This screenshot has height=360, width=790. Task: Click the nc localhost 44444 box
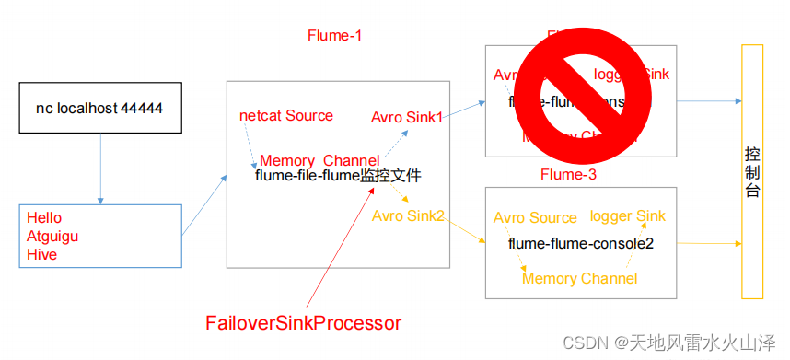click(x=99, y=109)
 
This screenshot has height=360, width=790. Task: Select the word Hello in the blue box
click(x=44, y=218)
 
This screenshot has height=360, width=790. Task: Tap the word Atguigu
click(x=52, y=237)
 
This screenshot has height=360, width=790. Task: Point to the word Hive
click(x=41, y=255)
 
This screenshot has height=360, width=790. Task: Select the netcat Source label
click(x=286, y=116)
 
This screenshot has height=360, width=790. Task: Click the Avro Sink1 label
click(x=407, y=118)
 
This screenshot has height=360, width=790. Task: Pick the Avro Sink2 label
click(x=408, y=215)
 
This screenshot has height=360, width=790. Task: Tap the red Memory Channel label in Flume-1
click(x=319, y=160)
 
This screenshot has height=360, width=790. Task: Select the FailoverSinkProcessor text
click(x=303, y=323)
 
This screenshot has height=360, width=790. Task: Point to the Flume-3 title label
click(x=569, y=175)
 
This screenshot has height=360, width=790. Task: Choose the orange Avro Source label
click(x=535, y=218)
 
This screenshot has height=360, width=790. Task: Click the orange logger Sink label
click(x=628, y=215)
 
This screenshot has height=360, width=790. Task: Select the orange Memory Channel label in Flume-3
click(x=579, y=278)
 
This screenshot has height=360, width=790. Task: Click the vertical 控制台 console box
click(x=752, y=171)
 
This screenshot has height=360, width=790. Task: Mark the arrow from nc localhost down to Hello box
click(x=99, y=168)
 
